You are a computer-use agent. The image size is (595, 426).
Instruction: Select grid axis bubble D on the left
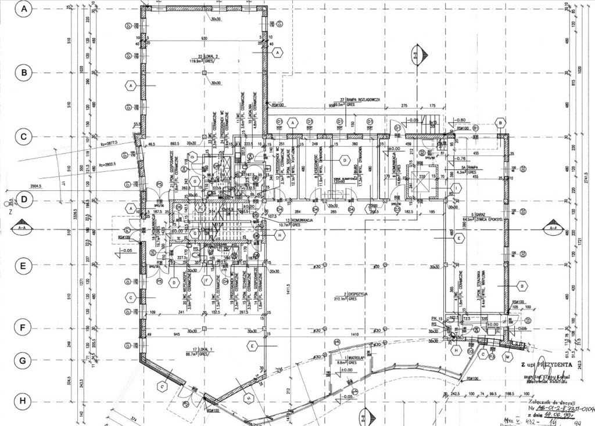(x=24, y=199)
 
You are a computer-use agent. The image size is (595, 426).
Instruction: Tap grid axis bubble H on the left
(x=24, y=400)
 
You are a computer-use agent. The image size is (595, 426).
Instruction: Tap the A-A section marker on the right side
(x=551, y=229)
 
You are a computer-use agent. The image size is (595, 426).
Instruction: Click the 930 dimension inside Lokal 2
(x=203, y=38)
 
